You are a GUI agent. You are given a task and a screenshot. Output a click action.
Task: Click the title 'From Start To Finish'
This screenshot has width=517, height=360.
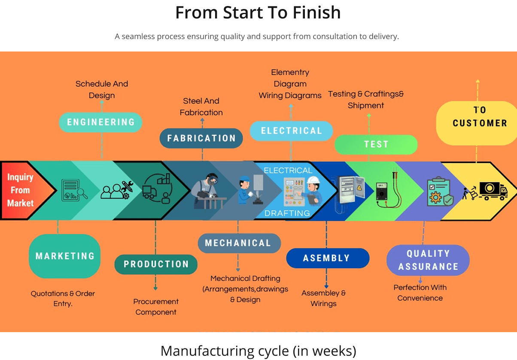point(258,13)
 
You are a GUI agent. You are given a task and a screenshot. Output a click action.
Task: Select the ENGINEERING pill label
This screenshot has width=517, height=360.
point(100,122)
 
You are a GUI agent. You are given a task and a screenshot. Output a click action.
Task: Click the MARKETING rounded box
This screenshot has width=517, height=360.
point(65,256)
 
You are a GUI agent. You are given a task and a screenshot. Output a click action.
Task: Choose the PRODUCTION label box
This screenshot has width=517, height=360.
point(156,264)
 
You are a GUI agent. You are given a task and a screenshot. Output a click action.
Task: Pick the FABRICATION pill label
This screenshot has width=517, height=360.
point(201,139)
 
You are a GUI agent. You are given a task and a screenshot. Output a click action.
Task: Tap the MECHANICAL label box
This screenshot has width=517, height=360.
point(238,243)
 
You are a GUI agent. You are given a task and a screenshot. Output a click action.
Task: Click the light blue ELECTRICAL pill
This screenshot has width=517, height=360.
point(291,131)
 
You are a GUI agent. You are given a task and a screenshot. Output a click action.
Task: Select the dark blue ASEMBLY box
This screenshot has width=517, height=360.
point(327,258)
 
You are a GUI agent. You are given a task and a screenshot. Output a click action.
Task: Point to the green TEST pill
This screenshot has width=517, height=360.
point(376,145)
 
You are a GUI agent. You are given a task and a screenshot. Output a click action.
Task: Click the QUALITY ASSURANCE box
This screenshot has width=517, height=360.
point(428,260)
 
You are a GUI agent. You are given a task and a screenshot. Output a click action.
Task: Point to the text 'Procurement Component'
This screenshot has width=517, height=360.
point(156,307)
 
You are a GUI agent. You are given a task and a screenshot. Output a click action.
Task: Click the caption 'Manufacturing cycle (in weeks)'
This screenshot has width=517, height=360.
point(258,351)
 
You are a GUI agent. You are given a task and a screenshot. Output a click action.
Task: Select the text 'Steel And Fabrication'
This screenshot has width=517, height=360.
point(201,107)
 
